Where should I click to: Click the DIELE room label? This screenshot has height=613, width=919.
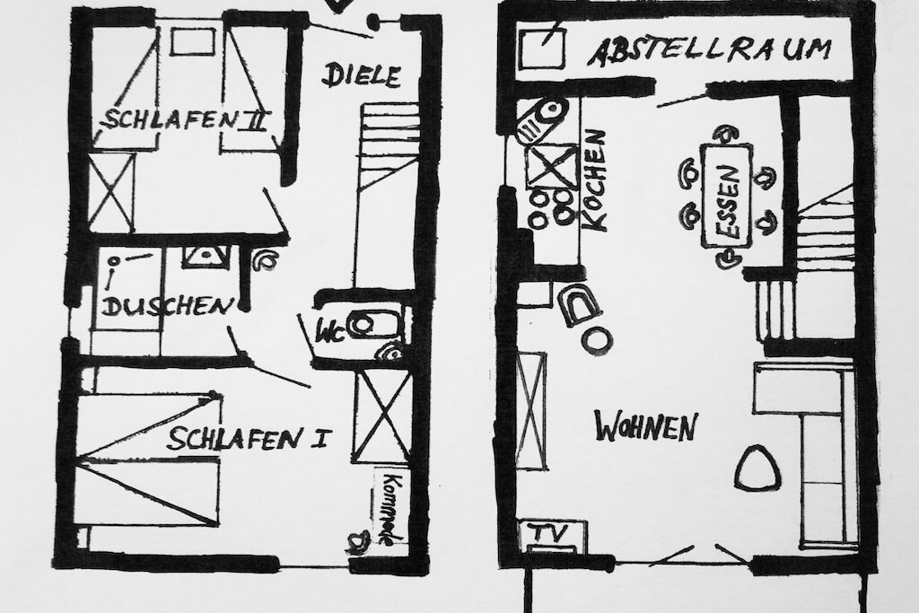[x=361, y=75]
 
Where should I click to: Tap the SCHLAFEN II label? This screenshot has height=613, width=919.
[x=187, y=118]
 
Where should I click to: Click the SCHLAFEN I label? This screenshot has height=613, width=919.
[x=249, y=439]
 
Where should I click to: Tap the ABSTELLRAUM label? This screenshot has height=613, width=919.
[x=709, y=50]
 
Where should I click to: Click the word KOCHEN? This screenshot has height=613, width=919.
[x=594, y=180]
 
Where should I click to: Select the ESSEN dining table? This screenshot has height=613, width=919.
[x=726, y=195]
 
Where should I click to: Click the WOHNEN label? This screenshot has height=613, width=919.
[x=645, y=426]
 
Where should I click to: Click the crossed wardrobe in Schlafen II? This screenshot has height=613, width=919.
[x=111, y=192]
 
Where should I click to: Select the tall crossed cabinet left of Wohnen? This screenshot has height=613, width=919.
[x=531, y=410]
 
